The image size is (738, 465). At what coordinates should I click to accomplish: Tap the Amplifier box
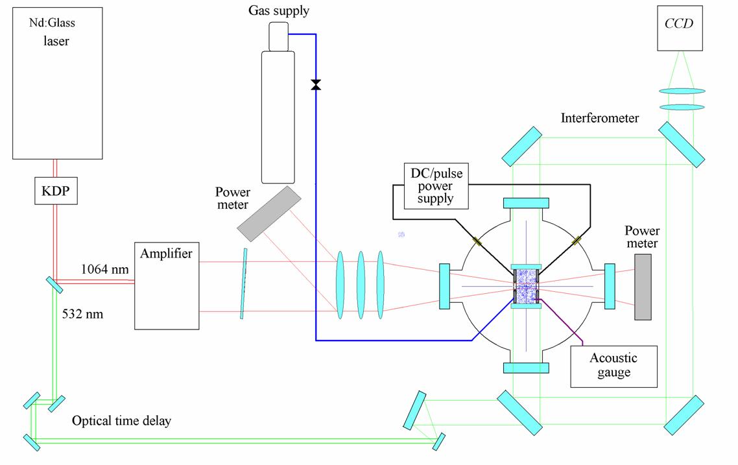tap(167, 285)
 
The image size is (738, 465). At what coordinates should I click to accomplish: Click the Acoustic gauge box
tap(613, 366)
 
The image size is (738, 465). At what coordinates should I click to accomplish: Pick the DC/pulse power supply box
tap(436, 185)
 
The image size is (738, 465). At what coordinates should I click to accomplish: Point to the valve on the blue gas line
tap(316, 84)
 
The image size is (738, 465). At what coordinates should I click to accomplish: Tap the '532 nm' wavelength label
tap(82, 315)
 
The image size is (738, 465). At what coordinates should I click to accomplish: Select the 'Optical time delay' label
tap(121, 421)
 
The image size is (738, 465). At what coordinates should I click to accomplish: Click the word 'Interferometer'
tap(600, 118)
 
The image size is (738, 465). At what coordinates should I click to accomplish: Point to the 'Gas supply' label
tap(279, 11)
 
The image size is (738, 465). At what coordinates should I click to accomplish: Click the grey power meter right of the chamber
tap(643, 287)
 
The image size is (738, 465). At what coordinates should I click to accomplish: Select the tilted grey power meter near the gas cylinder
tap(268, 213)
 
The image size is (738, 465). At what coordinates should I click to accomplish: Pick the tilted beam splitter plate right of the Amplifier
tap(244, 284)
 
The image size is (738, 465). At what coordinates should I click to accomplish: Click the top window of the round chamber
tap(526, 203)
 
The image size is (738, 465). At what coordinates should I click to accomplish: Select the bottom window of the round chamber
tap(526, 368)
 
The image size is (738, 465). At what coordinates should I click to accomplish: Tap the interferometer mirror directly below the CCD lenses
tap(682, 144)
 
